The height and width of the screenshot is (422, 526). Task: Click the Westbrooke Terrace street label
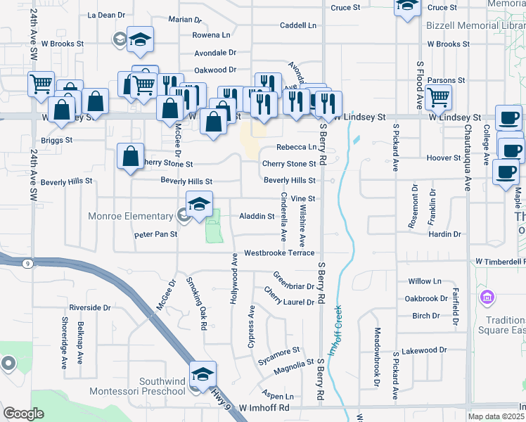click(279, 252)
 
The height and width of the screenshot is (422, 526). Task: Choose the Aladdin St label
click(257, 216)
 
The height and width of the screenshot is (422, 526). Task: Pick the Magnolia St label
click(294, 364)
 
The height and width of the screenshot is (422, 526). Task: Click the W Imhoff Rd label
click(264, 407)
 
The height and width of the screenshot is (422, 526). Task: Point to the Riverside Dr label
click(90, 307)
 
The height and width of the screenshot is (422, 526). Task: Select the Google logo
click(23, 414)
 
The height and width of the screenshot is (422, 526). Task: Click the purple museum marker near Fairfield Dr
click(486, 298)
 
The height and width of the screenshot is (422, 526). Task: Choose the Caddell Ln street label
click(298, 25)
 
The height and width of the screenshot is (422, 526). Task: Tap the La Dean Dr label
click(106, 14)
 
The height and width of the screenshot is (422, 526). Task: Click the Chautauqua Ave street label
click(467, 158)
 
